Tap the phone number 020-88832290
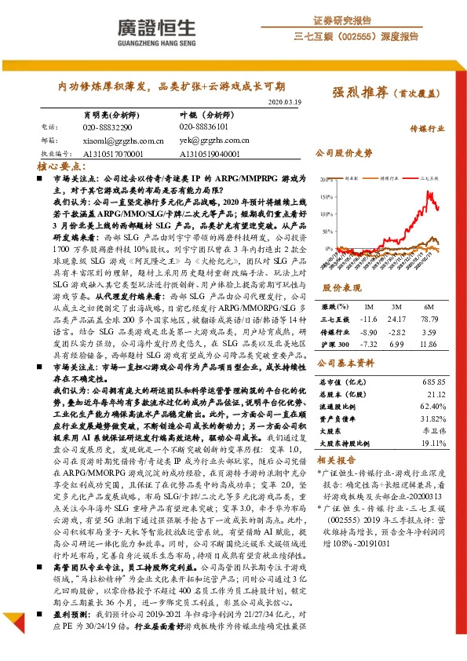(108, 126)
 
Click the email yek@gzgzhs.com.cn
(213, 141)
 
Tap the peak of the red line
(432, 191)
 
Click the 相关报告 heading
(337, 460)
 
